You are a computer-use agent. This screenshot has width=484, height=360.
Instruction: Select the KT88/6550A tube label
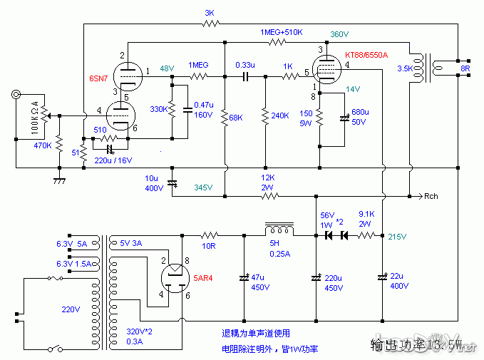click(366, 55)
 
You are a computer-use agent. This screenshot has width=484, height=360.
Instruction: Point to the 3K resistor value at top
click(210, 13)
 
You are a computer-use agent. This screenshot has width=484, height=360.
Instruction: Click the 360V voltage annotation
click(339, 34)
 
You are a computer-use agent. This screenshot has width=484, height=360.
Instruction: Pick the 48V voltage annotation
click(166, 68)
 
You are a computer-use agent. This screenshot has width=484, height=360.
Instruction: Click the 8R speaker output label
click(465, 69)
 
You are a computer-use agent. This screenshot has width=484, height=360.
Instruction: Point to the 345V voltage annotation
click(202, 187)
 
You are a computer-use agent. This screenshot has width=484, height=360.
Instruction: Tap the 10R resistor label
click(209, 246)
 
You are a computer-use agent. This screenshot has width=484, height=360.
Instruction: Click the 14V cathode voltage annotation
click(353, 89)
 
